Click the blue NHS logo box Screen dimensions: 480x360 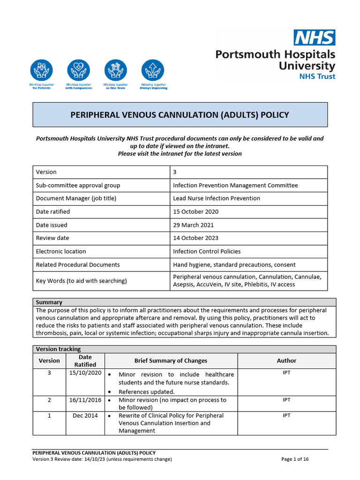click(x=314, y=37)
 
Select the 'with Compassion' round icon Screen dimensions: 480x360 click(x=79, y=70)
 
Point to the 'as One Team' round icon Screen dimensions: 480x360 click(x=116, y=70)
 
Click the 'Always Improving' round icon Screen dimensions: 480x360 click(x=153, y=70)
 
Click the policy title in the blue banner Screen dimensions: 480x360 click(x=180, y=115)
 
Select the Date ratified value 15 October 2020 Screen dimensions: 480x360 click(x=195, y=211)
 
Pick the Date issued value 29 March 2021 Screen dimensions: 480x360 click(x=194, y=225)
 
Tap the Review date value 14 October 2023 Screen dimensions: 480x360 click(x=195, y=238)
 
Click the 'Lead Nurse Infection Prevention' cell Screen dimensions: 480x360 click(x=216, y=198)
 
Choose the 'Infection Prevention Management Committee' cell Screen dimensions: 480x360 click(x=235, y=185)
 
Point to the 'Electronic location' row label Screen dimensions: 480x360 click(x=61, y=251)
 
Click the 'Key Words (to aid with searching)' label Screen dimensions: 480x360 click(x=81, y=281)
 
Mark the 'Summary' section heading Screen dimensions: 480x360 click(x=49, y=302)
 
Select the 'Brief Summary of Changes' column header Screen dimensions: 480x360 click(x=171, y=360)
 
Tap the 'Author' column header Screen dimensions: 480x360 click(x=286, y=360)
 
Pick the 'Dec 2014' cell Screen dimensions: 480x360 click(x=85, y=415)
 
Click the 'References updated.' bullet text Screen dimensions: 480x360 click(x=146, y=391)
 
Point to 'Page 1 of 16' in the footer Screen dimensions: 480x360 click(x=295, y=459)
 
